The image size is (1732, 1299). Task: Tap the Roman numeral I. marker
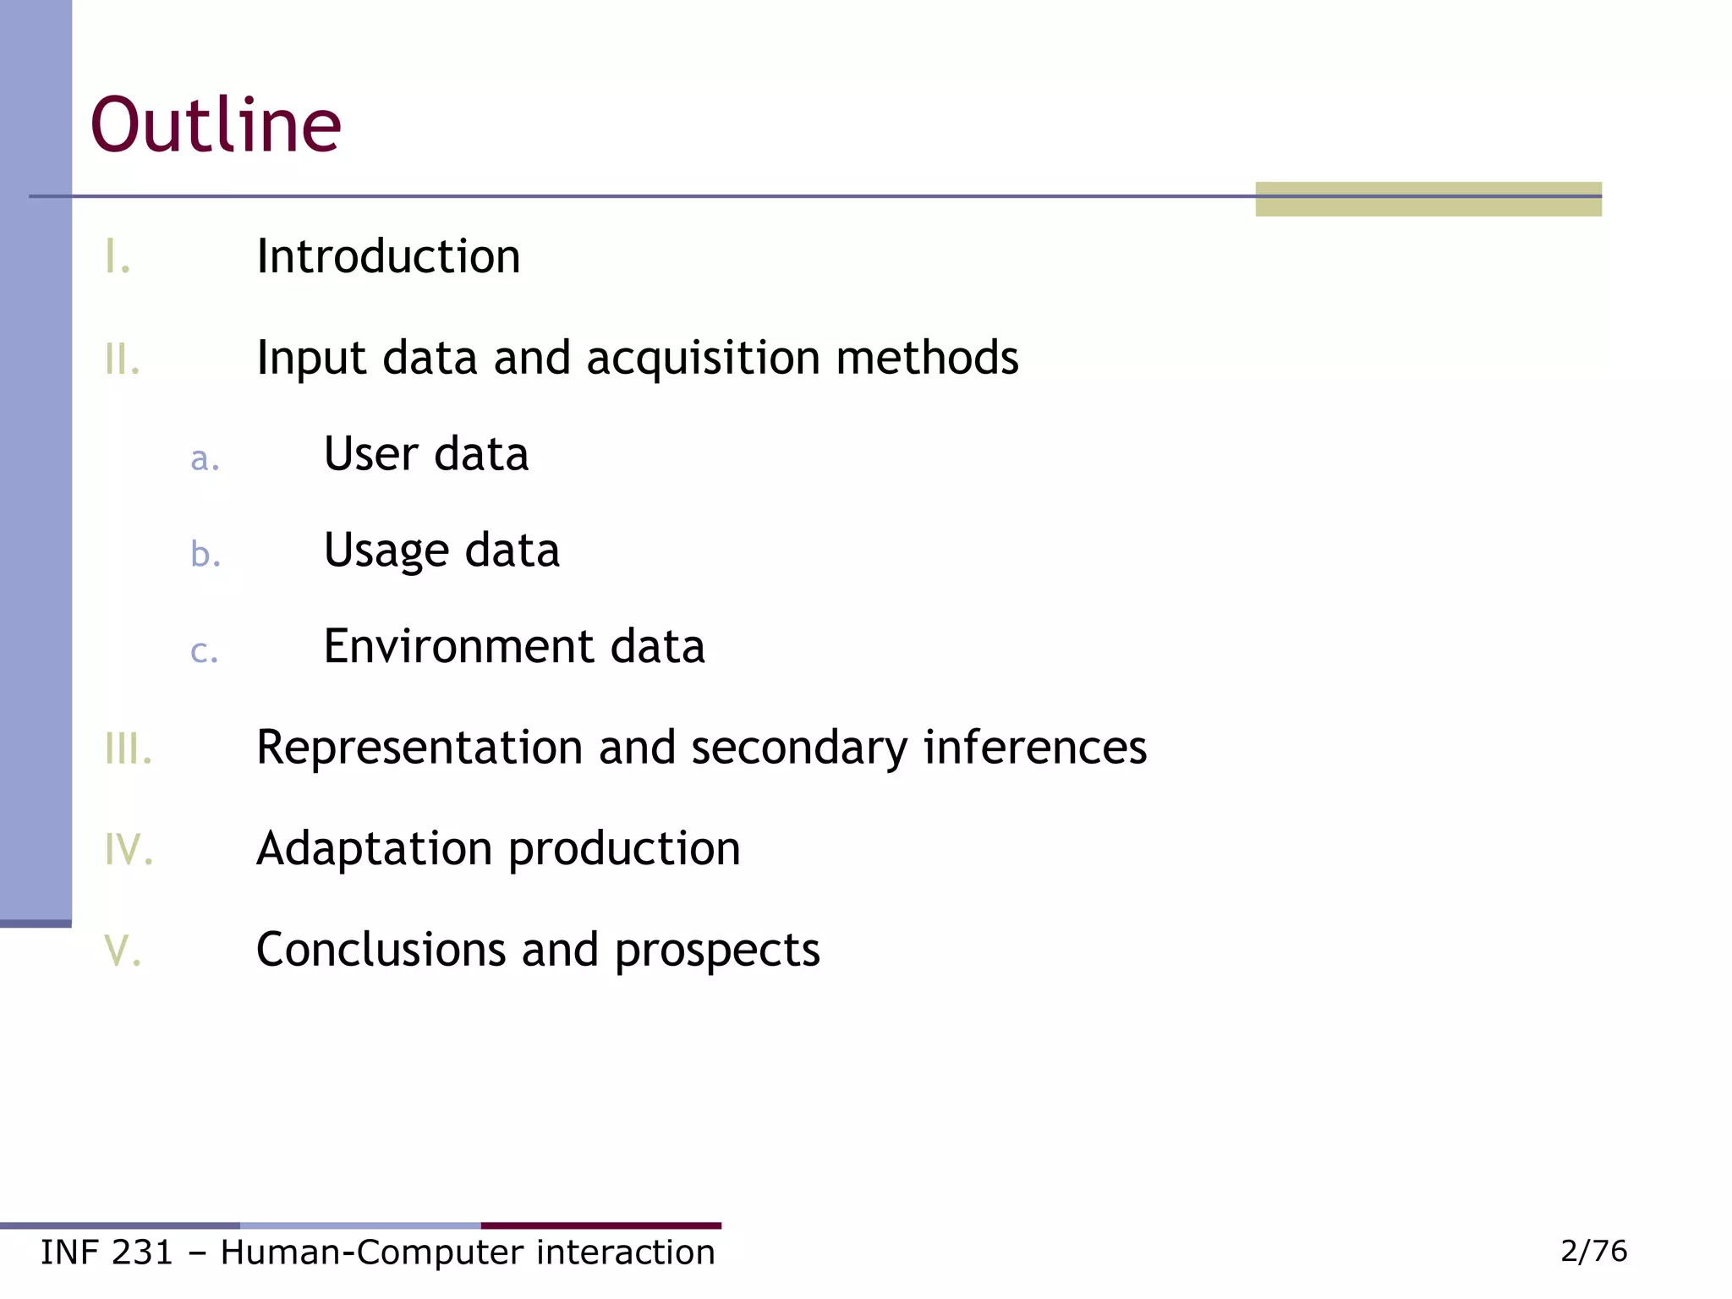click(118, 257)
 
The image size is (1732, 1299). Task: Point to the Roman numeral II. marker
click(123, 359)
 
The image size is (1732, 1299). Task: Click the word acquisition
click(703, 359)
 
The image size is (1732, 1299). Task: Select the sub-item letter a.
click(205, 458)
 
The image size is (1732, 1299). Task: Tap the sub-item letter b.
click(206, 554)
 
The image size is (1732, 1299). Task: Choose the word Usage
click(386, 551)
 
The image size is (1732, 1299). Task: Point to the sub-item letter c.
click(205, 652)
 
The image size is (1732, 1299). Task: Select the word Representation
click(419, 748)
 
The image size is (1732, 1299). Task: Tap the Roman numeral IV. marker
click(129, 849)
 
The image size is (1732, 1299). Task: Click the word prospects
click(717, 951)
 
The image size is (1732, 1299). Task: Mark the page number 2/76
click(1593, 1251)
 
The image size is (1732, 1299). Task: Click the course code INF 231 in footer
click(107, 1252)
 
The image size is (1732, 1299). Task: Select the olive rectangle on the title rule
click(1428, 200)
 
